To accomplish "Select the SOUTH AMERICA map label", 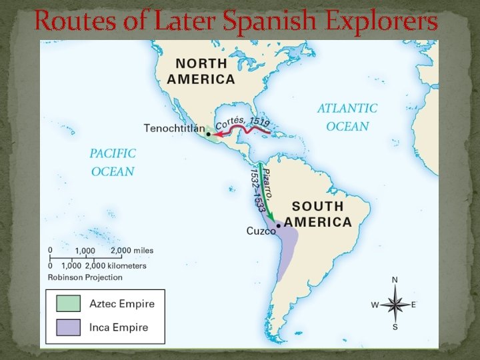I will coord(317,214).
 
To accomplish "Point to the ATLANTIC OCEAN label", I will coord(347,117).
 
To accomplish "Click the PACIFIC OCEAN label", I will coord(112,162).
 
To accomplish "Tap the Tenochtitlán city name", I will coord(172,128).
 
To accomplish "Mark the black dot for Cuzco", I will coord(279,226).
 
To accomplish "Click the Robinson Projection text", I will coord(85,275).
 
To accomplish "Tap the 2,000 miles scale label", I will coord(132,250).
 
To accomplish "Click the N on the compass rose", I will coord(395,280).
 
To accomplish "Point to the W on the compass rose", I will coord(375,305).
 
